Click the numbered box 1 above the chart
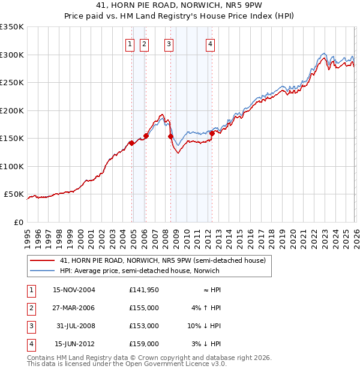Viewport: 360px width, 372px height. coord(130,44)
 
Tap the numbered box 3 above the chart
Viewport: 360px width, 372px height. coord(169,44)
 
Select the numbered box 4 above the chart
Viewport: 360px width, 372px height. coord(211,44)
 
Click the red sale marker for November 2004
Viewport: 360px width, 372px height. coord(131,143)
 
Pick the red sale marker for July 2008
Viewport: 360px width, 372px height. coord(170,136)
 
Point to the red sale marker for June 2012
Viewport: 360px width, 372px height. coord(211,133)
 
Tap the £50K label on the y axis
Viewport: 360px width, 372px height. coord(14,194)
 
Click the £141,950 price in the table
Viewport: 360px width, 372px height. coord(144,290)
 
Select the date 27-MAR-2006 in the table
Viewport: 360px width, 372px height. coord(74,308)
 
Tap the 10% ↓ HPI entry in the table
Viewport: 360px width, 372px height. coord(205,326)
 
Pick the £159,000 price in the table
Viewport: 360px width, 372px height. coord(144,344)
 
